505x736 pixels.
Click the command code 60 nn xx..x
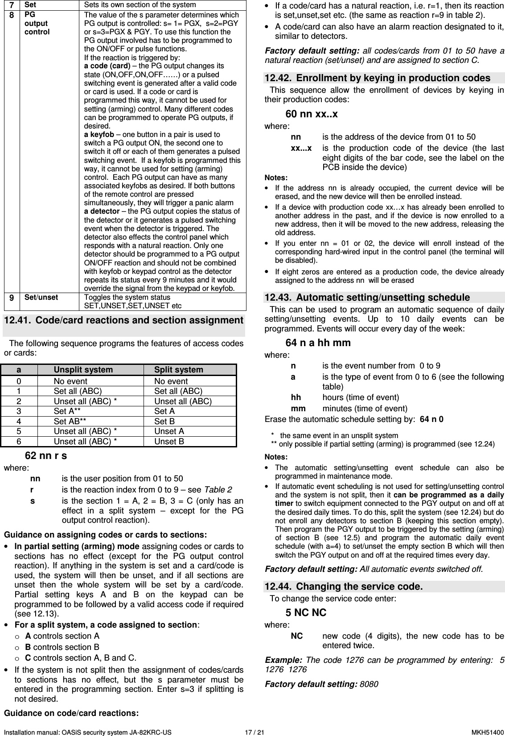pyautogui.click(x=311, y=114)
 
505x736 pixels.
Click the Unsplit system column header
pyautogui.click(x=83, y=369)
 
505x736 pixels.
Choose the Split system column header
pyautogui.click(x=178, y=369)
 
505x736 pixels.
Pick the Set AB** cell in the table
pyautogui.click(x=70, y=421)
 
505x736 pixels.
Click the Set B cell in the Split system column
pyautogui.click(x=164, y=421)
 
